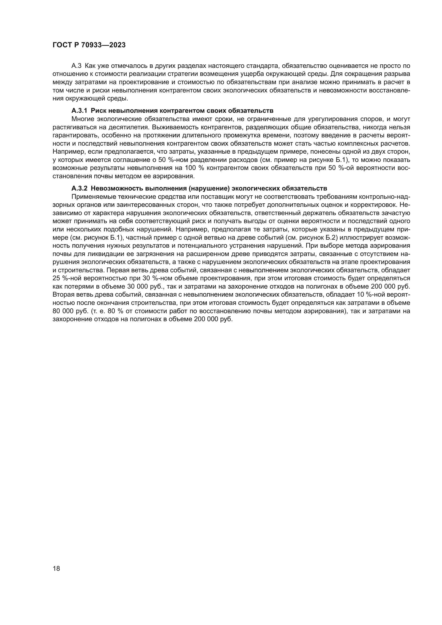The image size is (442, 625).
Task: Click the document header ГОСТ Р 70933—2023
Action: [89, 45]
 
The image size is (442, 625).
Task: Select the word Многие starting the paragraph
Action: [83, 119]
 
